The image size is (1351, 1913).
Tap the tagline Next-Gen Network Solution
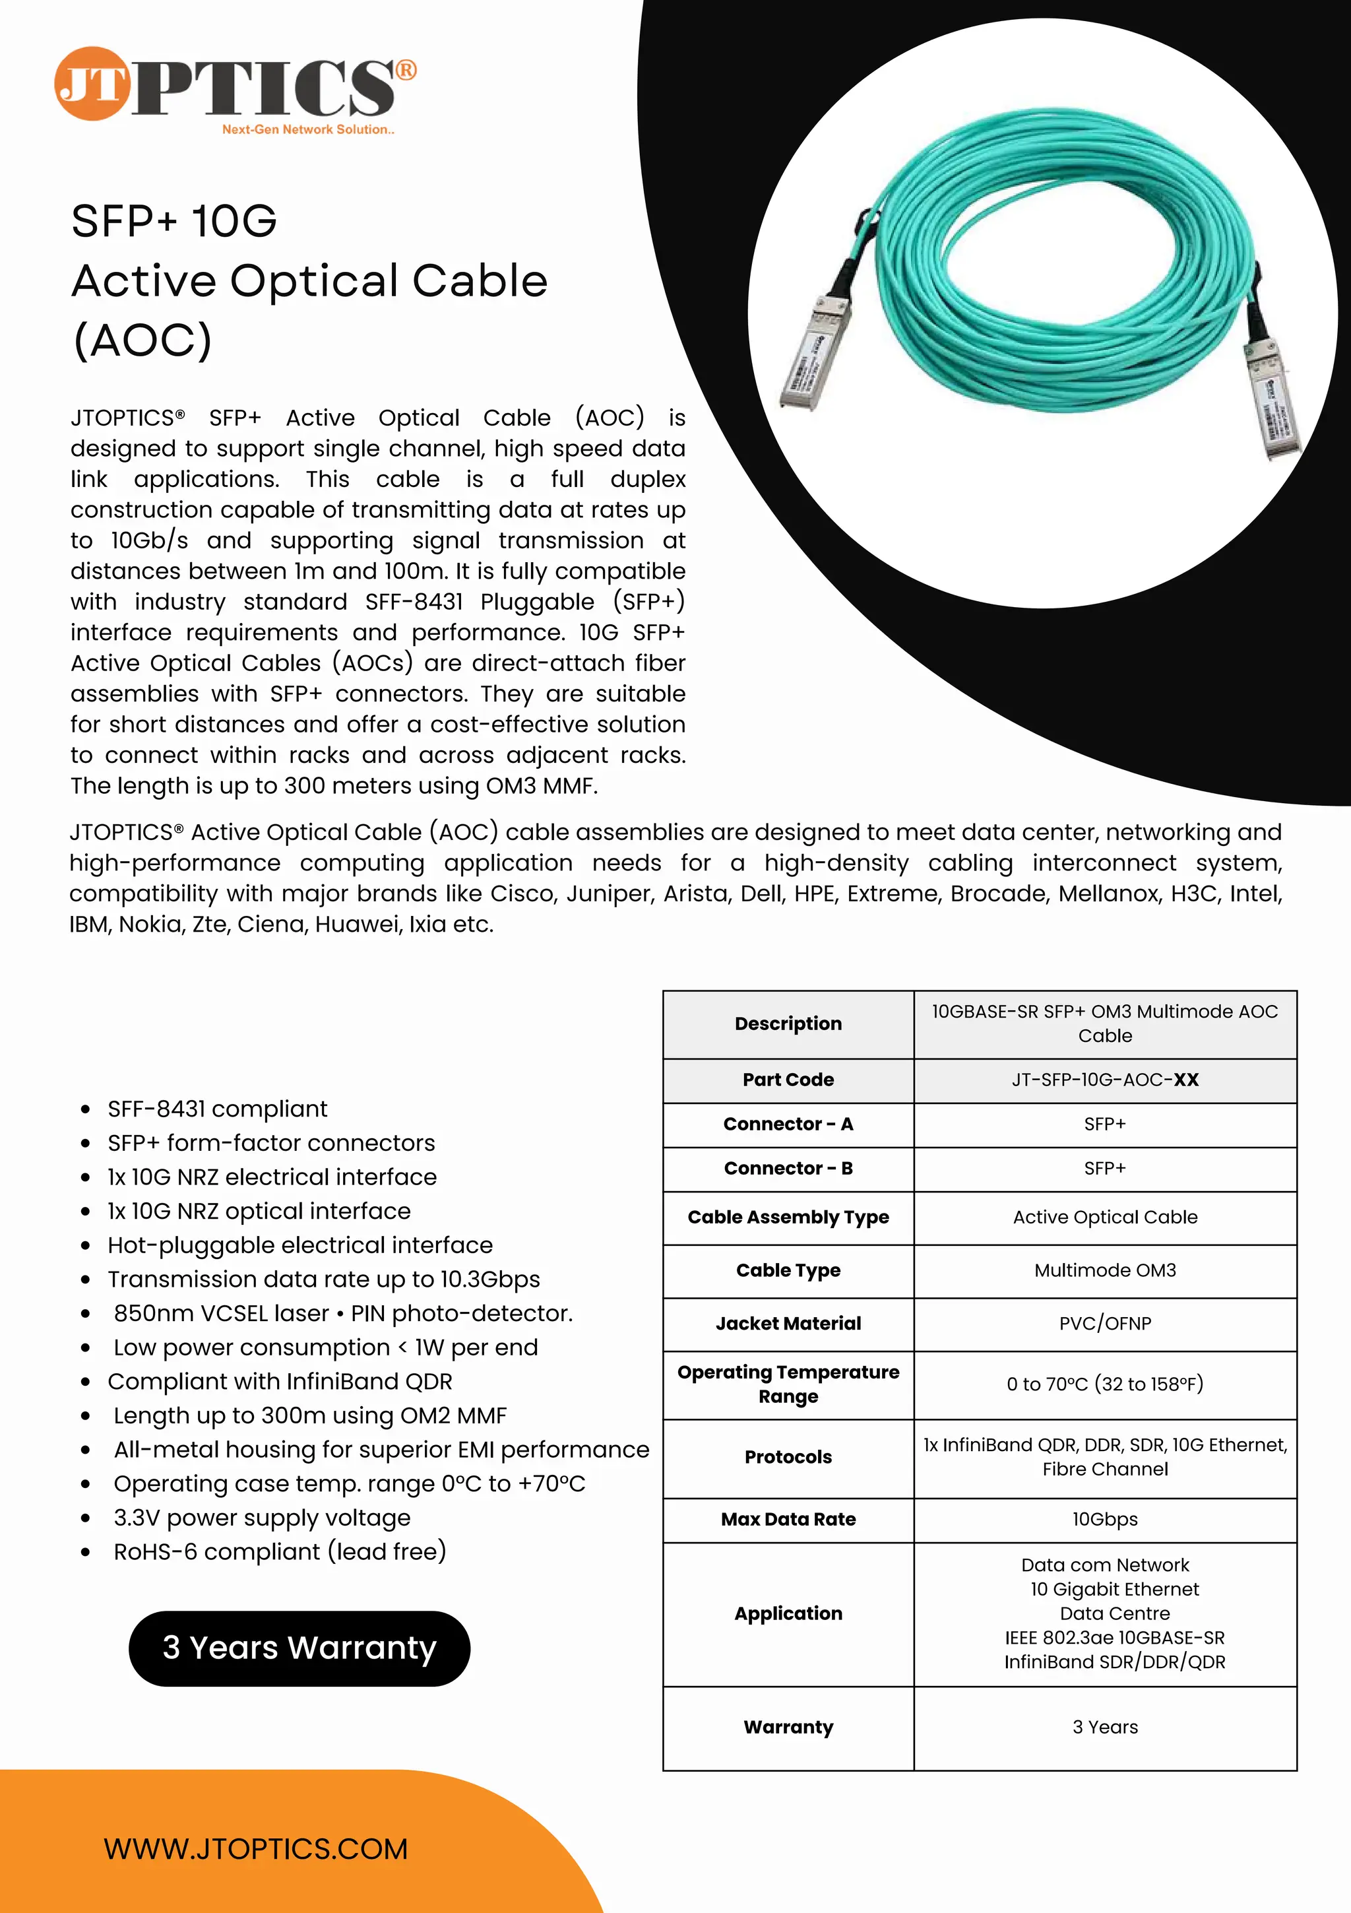[x=308, y=130]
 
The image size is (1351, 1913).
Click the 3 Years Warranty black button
[x=299, y=1647]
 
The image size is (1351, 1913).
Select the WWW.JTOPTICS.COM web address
[x=256, y=1849]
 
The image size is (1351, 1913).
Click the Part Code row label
[x=788, y=1080]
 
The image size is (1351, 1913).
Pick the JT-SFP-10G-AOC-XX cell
[x=1104, y=1080]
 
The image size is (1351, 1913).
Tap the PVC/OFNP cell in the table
[x=1104, y=1323]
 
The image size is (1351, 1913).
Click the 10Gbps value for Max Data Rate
[x=1104, y=1519]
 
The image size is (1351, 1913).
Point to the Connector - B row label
[x=788, y=1168]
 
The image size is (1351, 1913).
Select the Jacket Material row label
[x=788, y=1323]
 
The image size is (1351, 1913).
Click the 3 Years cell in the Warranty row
[x=1104, y=1727]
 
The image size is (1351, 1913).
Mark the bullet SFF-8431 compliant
[x=218, y=1109]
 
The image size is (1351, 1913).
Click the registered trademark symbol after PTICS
[x=406, y=70]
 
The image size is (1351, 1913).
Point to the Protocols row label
[x=788, y=1456]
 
